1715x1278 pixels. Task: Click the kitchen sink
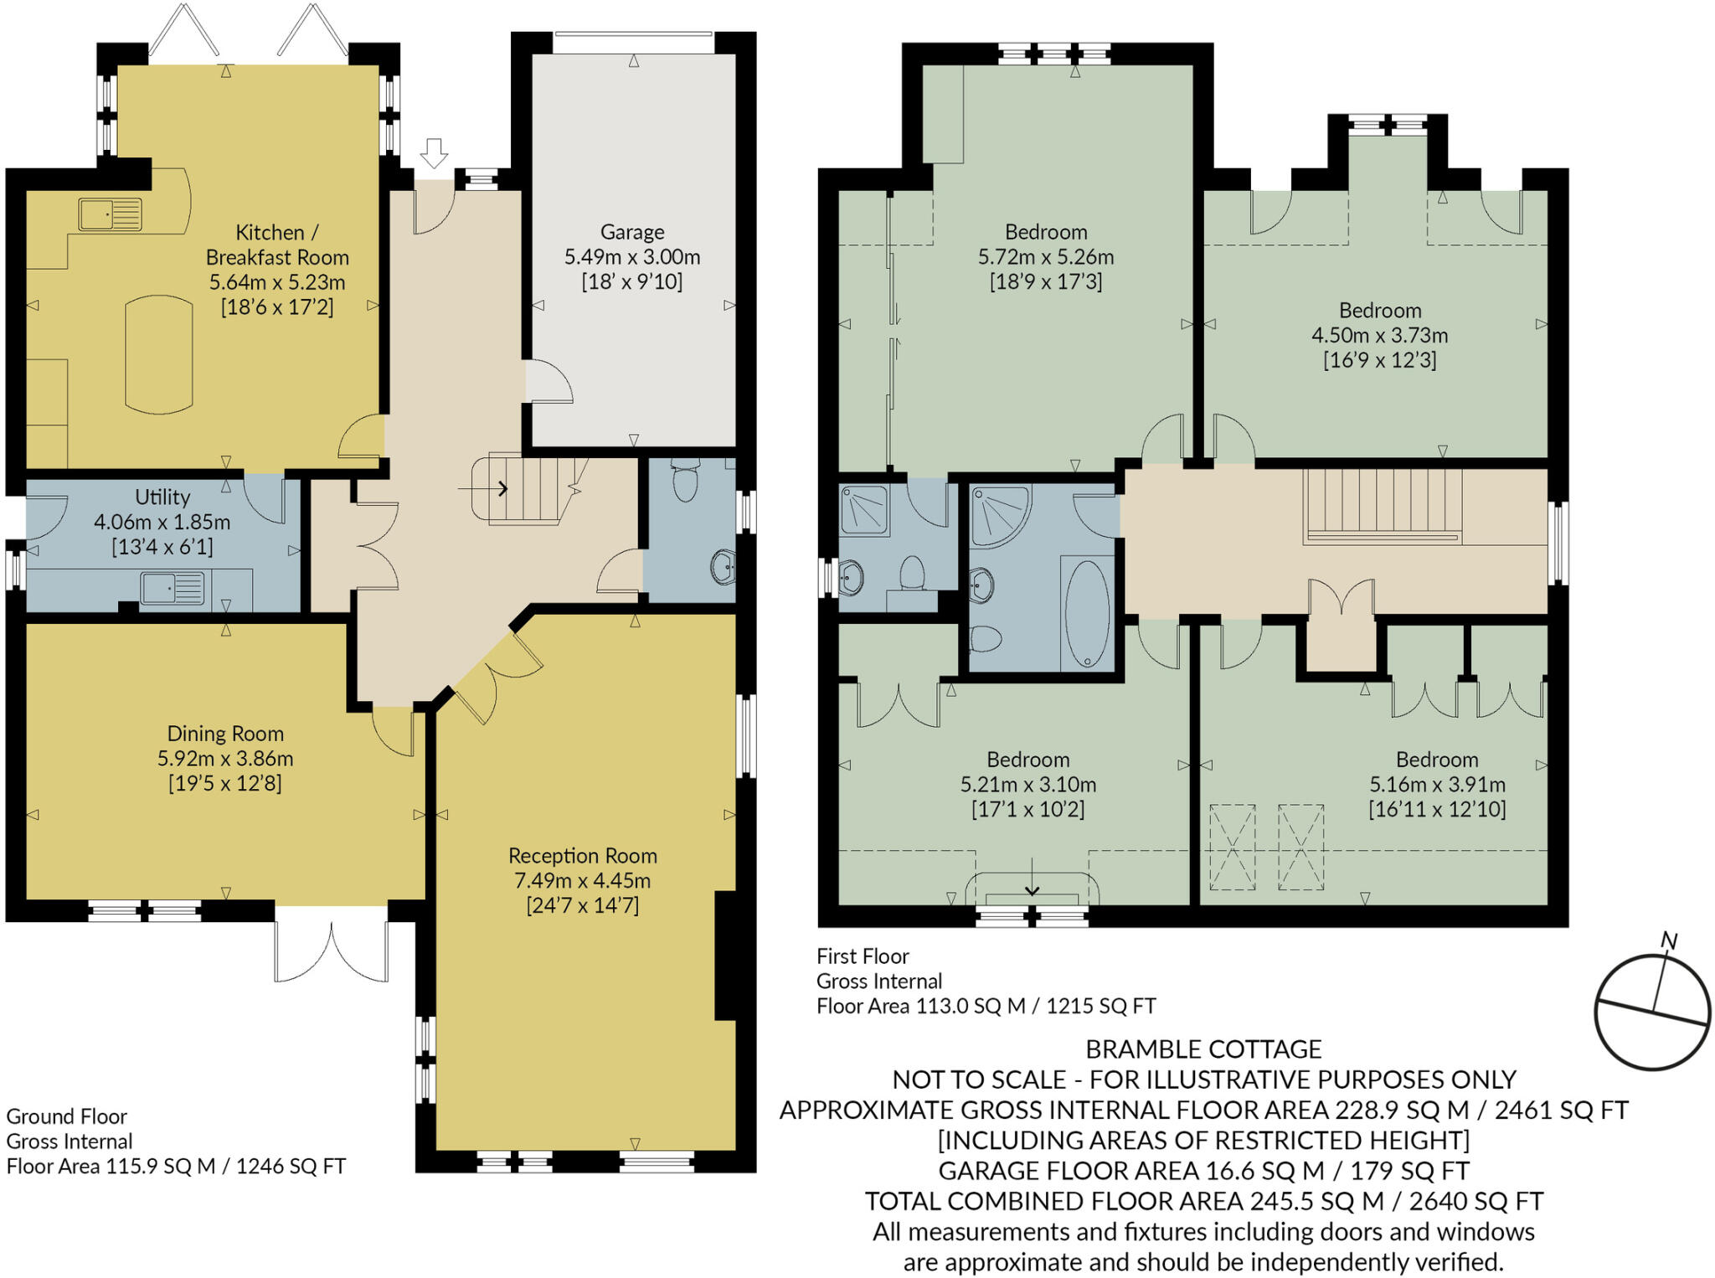(x=110, y=214)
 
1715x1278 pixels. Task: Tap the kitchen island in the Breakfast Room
(x=158, y=355)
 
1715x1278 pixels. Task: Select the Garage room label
(x=632, y=232)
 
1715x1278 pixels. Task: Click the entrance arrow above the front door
(x=434, y=153)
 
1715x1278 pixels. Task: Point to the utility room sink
(x=172, y=588)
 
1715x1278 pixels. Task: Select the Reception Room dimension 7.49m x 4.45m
(x=582, y=880)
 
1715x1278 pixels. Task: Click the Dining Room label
(x=225, y=734)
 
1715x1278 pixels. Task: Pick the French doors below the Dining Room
(x=332, y=951)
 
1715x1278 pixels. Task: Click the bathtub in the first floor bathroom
(x=1087, y=613)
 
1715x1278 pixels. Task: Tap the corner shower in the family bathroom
(x=998, y=515)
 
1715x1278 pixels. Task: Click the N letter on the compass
(x=1669, y=941)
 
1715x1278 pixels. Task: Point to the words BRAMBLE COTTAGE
(x=1203, y=1049)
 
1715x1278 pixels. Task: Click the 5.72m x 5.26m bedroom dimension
(x=1046, y=257)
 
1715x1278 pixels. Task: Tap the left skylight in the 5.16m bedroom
(x=1232, y=847)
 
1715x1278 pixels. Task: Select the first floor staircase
(x=1383, y=505)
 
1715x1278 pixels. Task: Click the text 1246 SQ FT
(x=291, y=1167)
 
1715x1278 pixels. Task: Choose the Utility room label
(x=162, y=497)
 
